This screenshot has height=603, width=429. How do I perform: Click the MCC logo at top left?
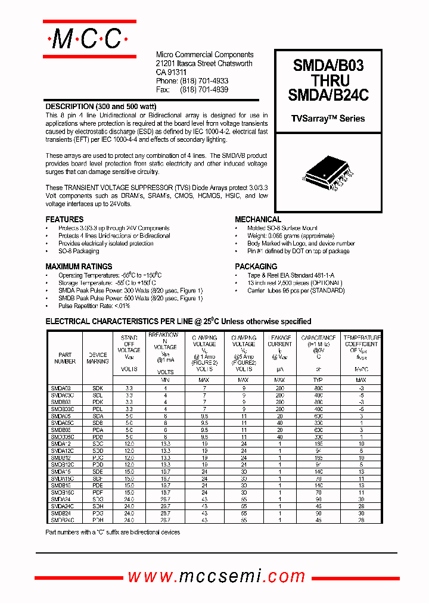point(89,39)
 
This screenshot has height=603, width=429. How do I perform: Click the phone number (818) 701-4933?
point(204,80)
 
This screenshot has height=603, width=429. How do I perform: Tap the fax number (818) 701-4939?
point(204,89)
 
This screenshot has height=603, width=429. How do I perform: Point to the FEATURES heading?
point(64,219)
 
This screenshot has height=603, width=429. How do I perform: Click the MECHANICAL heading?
point(258,219)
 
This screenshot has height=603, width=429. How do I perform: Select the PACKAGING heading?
point(256,266)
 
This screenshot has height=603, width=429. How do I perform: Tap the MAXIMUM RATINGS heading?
point(79,266)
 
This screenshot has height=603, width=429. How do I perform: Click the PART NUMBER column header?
point(65,358)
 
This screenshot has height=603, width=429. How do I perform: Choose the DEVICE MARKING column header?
point(98,358)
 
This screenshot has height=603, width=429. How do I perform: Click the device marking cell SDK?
point(98,388)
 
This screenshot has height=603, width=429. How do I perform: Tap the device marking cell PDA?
point(98,429)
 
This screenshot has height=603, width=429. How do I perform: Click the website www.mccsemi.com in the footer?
point(216,576)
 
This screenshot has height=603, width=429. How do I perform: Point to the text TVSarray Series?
point(328,119)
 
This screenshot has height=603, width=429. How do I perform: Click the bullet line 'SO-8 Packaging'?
point(79,251)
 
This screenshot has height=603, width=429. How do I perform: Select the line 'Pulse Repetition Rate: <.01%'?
point(94,305)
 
